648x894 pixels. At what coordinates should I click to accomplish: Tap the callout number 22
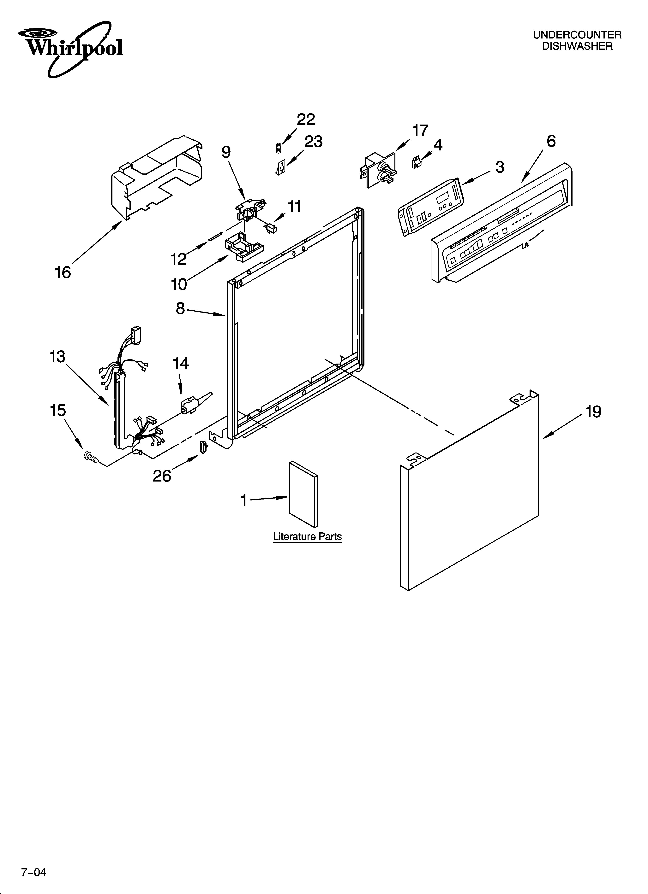306,120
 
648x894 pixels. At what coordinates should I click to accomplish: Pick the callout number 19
593,412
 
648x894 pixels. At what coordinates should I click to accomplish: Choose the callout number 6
551,141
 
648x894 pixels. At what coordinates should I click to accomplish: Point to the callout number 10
179,284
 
